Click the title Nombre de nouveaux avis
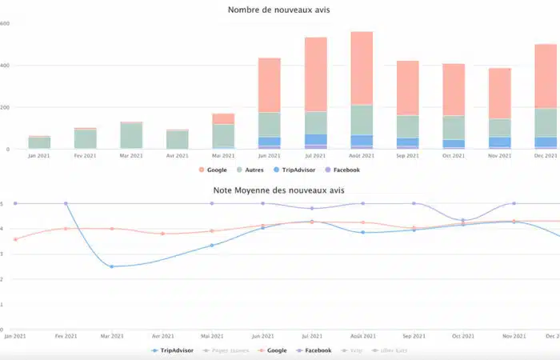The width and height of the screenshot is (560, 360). coord(278,10)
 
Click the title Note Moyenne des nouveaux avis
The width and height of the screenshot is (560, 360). coord(278,190)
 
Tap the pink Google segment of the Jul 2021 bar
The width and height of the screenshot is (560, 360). coord(315,74)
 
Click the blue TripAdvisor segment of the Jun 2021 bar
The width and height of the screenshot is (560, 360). coord(270,142)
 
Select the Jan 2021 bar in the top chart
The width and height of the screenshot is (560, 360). coord(39,142)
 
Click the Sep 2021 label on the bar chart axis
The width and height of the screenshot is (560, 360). coord(407,156)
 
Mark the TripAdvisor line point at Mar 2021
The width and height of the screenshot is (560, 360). coord(112,266)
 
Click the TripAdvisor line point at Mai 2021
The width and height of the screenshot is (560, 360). coord(212,245)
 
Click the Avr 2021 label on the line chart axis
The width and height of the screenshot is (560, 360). coord(162,336)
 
